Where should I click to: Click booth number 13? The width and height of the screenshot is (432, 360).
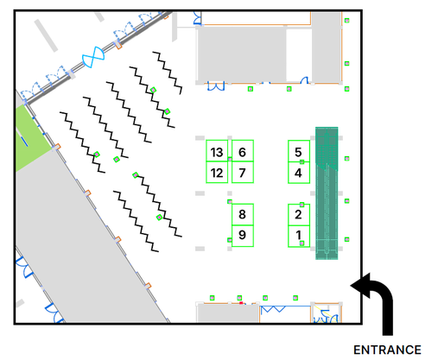coord(217,151)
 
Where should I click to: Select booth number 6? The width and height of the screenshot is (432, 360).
coord(243,151)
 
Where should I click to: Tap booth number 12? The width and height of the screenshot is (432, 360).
coord(217,172)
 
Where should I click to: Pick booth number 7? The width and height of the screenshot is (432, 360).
coord(243,172)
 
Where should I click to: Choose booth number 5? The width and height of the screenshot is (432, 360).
coord(299,151)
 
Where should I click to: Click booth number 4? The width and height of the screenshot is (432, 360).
coord(299,173)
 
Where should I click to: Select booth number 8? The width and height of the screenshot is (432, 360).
coord(243,215)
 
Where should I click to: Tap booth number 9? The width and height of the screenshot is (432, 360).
coord(243,236)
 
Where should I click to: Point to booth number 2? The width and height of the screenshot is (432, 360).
coord(299,215)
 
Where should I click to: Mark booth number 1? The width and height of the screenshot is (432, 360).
coord(299,237)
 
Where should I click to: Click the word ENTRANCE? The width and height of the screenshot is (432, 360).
coord(387,350)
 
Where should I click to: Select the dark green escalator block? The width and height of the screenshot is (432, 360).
coord(327,193)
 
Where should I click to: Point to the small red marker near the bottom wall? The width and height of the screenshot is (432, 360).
coord(241,303)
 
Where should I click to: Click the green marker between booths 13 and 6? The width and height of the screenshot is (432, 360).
coord(230,159)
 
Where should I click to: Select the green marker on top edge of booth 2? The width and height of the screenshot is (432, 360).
coord(302,205)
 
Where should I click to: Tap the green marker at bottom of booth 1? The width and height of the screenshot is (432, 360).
coord(302,243)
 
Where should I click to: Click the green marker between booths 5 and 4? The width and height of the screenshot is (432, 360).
coord(302,162)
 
